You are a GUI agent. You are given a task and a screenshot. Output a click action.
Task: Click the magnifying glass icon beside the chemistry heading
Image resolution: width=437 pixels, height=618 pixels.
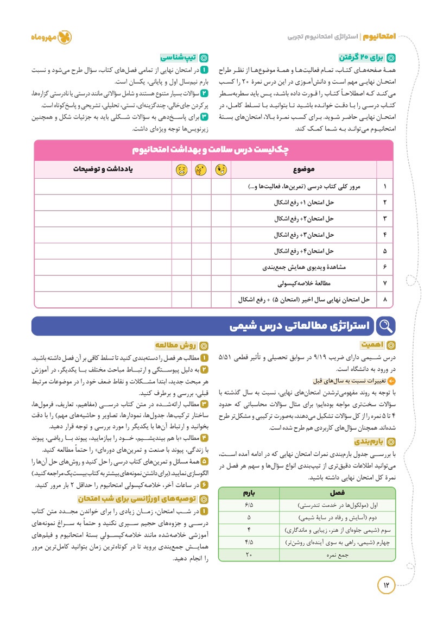click(x=385, y=326)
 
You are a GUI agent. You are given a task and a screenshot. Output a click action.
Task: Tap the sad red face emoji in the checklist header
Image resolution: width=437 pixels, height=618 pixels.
click(x=179, y=169)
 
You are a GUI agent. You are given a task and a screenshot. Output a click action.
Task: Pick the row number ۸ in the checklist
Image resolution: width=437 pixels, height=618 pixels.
click(x=384, y=299)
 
